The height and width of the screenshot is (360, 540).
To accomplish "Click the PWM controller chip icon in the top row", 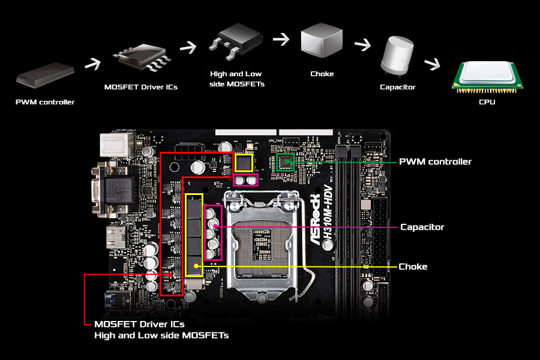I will [45, 76].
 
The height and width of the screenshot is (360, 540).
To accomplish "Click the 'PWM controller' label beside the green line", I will [435, 161].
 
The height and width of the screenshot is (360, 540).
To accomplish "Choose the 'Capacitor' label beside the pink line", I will [422, 227].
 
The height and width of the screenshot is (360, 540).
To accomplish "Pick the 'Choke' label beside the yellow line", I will [413, 266].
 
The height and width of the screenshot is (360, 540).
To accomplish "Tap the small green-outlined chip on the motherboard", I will [284, 161].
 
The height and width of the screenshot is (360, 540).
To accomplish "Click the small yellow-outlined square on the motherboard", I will [244, 162].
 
